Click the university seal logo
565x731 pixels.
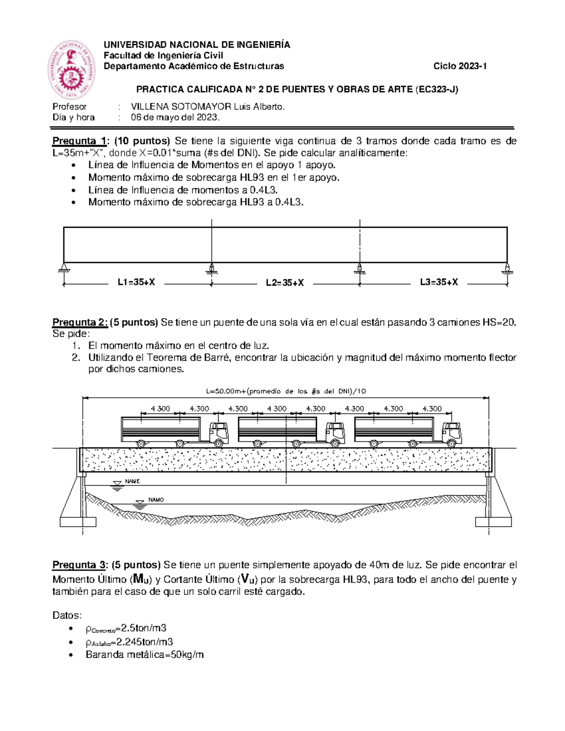point(72,69)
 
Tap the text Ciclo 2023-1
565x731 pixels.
point(460,66)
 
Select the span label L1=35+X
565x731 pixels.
point(136,282)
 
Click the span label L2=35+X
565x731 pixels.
point(284,283)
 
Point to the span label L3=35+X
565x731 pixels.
point(439,282)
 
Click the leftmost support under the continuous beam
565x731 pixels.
point(64,269)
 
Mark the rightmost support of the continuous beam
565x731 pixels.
point(507,269)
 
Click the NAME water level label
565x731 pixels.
point(132,482)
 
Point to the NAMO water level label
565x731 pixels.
point(156,500)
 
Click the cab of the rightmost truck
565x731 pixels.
point(452,433)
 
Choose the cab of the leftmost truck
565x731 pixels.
point(218,433)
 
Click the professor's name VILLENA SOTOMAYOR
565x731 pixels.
point(208,107)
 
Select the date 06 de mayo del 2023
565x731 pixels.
point(175,118)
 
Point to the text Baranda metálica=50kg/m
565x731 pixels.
point(145,655)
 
